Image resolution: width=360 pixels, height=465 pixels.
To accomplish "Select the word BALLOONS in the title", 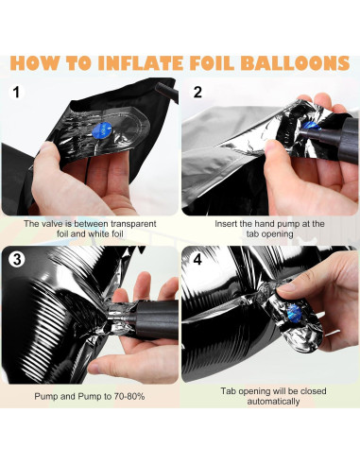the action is point(295,63).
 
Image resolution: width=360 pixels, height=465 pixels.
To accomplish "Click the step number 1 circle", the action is point(16,92).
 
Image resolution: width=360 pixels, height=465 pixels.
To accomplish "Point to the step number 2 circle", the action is point(197,92).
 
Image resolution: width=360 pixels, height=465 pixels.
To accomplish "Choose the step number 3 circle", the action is point(17,260).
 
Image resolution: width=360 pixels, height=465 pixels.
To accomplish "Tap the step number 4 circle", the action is point(197,260).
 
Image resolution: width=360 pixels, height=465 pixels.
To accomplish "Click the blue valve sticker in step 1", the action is point(103,130).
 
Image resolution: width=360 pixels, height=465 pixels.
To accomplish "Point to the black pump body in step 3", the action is point(155,319).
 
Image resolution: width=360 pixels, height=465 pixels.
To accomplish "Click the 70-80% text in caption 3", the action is point(129,396).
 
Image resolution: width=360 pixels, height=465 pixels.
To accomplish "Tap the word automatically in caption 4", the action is point(273,402).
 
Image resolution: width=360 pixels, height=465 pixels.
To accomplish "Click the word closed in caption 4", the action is point(314,391).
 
